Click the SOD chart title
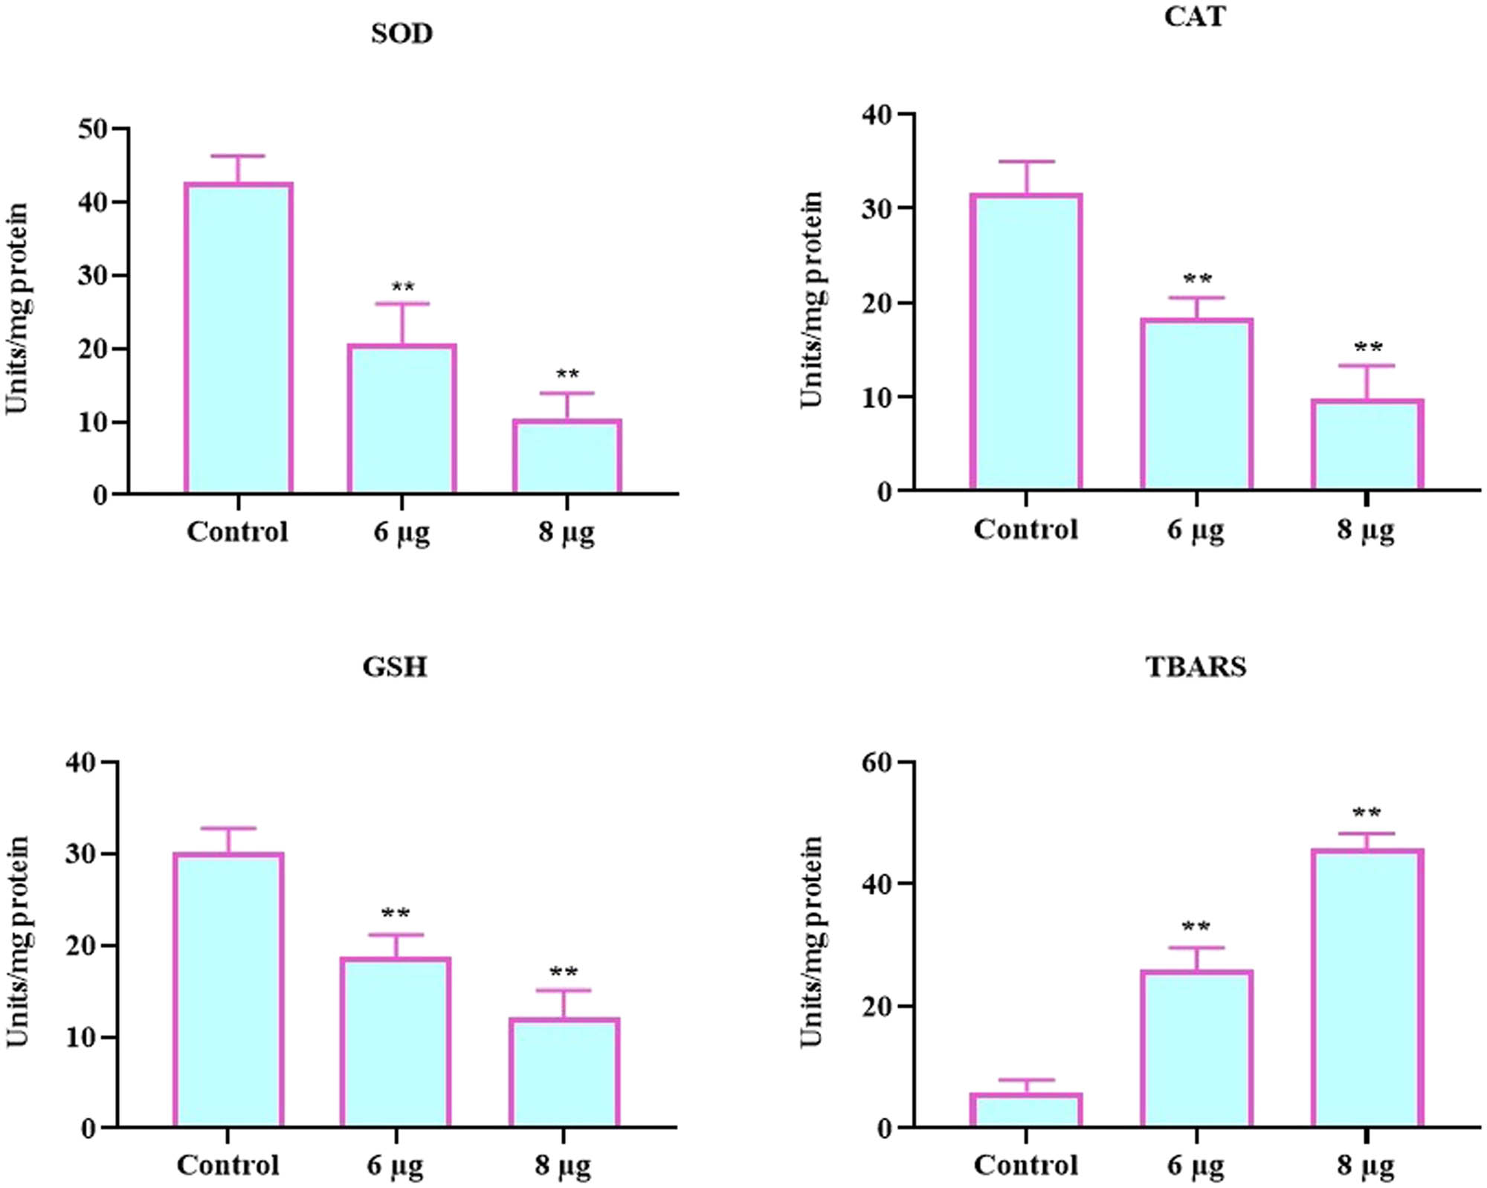pyautogui.click(x=401, y=34)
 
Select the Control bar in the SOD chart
pyautogui.click(x=239, y=338)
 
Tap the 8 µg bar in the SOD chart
pyautogui.click(x=567, y=456)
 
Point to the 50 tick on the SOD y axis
pyautogui.click(x=93, y=129)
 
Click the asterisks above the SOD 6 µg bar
pyautogui.click(x=402, y=287)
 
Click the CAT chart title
pyautogui.click(x=1195, y=16)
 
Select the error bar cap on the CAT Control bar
pyautogui.click(x=1026, y=161)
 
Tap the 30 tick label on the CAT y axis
pyautogui.click(x=877, y=209)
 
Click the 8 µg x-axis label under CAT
pyautogui.click(x=1366, y=530)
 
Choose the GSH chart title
pyautogui.click(x=395, y=666)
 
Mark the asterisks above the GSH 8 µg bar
pyautogui.click(x=563, y=972)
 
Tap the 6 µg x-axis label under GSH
pyautogui.click(x=395, y=1165)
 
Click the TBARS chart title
pyautogui.click(x=1196, y=666)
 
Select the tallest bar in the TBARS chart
pyautogui.click(x=1367, y=988)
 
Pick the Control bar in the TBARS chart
pyautogui.click(x=1026, y=1111)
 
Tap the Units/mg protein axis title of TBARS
pyautogui.click(x=812, y=941)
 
